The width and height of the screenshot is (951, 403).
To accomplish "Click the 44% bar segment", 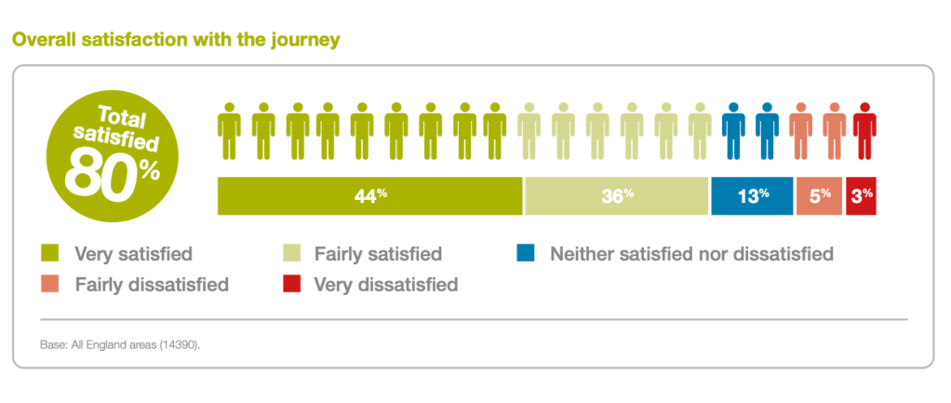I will point(370,195).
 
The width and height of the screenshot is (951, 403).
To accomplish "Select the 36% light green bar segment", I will point(617,195).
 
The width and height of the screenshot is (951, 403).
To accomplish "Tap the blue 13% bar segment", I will point(752,195).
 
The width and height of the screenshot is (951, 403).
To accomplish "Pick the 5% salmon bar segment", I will point(819,195).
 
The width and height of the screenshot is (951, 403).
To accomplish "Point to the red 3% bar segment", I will point(861,195).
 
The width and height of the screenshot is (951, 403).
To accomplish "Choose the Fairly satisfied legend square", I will point(290,253).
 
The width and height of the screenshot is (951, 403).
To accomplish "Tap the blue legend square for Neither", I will point(527,253).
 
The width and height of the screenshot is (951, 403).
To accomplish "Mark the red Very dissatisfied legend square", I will point(290,284).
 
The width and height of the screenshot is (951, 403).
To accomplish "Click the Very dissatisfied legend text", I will point(386,285).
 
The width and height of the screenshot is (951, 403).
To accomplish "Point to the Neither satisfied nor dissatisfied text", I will point(691,253).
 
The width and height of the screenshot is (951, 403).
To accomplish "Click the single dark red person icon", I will point(865,131).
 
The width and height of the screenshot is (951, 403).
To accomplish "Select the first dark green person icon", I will point(229,131).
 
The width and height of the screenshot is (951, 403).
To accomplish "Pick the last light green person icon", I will point(699,131).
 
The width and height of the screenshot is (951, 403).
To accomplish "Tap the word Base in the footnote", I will point(51,344).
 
